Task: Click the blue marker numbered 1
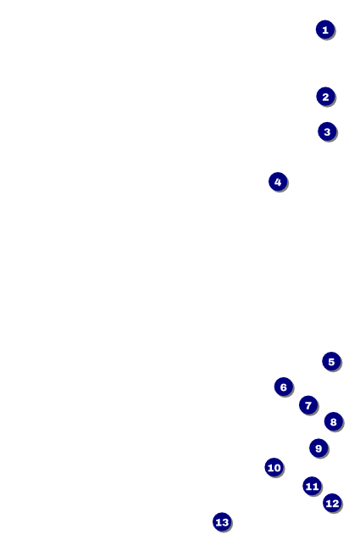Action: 325,30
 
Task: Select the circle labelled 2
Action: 325,97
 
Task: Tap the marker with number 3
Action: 327,131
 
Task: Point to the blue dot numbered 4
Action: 278,181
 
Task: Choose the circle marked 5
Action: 331,362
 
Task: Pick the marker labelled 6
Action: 284,387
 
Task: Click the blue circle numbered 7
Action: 308,405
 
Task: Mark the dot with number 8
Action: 333,421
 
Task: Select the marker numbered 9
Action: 318,448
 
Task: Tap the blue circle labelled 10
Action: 274,467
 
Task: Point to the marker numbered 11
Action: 312,486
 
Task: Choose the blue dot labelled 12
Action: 332,503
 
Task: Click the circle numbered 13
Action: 222,522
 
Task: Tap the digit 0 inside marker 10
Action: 277,468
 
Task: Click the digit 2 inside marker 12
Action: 335,504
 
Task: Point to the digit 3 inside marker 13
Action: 225,523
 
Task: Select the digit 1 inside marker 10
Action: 269,468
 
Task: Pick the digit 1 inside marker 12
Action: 328,504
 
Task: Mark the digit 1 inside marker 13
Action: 218,523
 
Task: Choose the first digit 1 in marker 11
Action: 308,487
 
